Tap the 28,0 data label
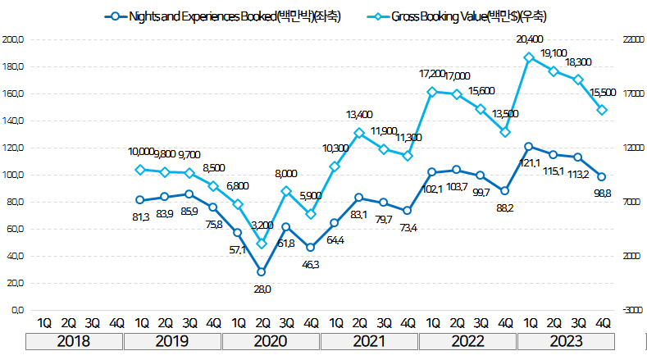pos(262,289)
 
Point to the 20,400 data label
pos(530,39)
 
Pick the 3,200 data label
pos(262,225)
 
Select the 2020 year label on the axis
pos(271,341)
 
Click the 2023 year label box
pos(565,341)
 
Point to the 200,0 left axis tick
pos(14,39)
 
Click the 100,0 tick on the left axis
pos(14,175)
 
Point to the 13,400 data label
pos(361,114)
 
